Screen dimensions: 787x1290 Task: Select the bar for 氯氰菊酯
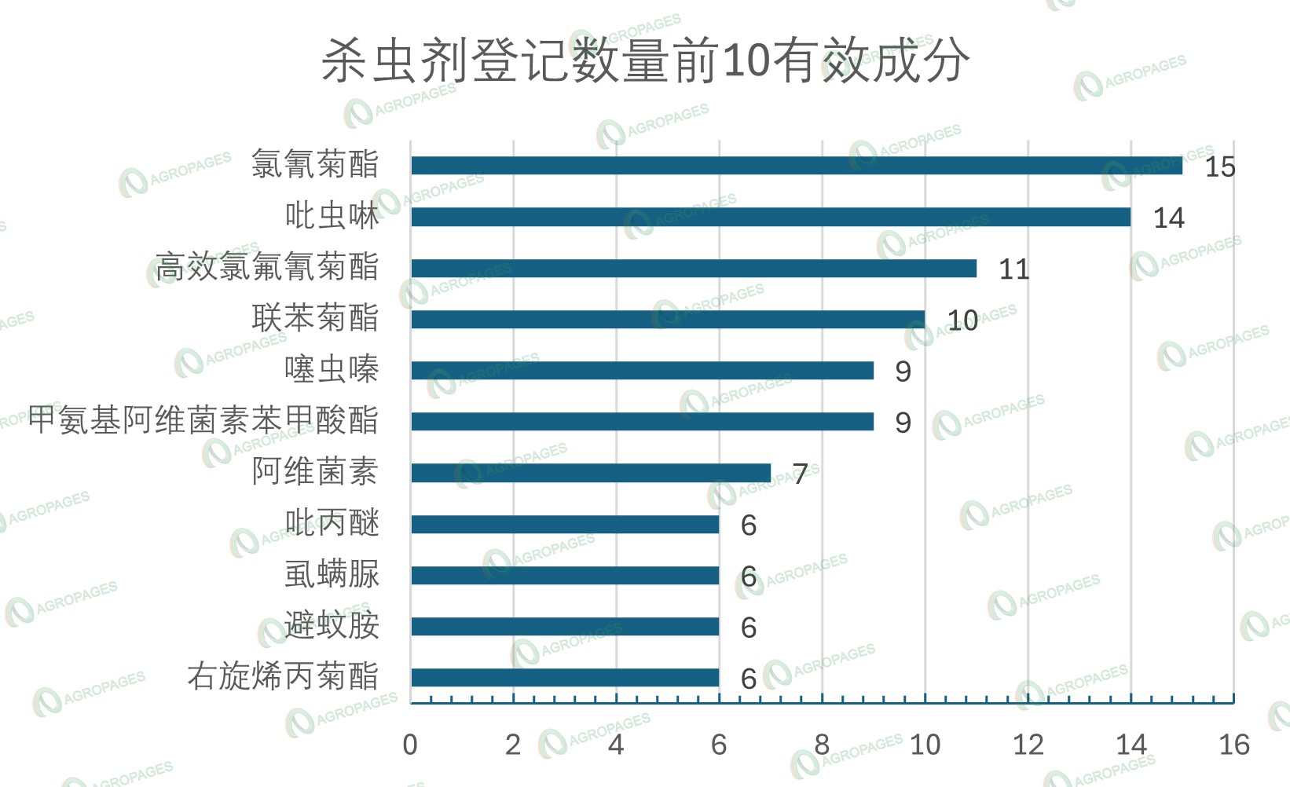tap(796, 166)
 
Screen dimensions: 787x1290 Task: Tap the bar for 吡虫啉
tap(770, 217)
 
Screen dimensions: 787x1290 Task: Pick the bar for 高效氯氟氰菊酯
tap(693, 269)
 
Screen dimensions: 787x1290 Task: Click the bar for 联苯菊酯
tap(667, 320)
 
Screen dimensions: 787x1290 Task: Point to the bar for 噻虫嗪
tap(642, 371)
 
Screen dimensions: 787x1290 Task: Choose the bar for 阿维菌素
tap(590, 473)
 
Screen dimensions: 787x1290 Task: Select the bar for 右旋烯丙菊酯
tap(564, 678)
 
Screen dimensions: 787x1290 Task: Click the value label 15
tap(1219, 167)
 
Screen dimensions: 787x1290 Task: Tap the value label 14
tap(1168, 218)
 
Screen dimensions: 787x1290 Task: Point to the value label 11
tap(1013, 270)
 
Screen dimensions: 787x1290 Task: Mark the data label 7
tap(800, 474)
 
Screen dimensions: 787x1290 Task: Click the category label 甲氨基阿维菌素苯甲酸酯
tap(203, 421)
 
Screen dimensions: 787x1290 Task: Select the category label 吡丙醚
tap(332, 523)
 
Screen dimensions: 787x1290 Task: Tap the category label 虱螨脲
tap(332, 574)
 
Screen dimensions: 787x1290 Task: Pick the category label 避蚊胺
tap(332, 626)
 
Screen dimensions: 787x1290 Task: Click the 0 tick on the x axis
tap(410, 745)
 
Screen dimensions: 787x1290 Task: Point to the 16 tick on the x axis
tap(1233, 745)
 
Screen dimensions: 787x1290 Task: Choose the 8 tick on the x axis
tap(822, 745)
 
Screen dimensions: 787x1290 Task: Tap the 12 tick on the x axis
tap(1028, 745)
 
